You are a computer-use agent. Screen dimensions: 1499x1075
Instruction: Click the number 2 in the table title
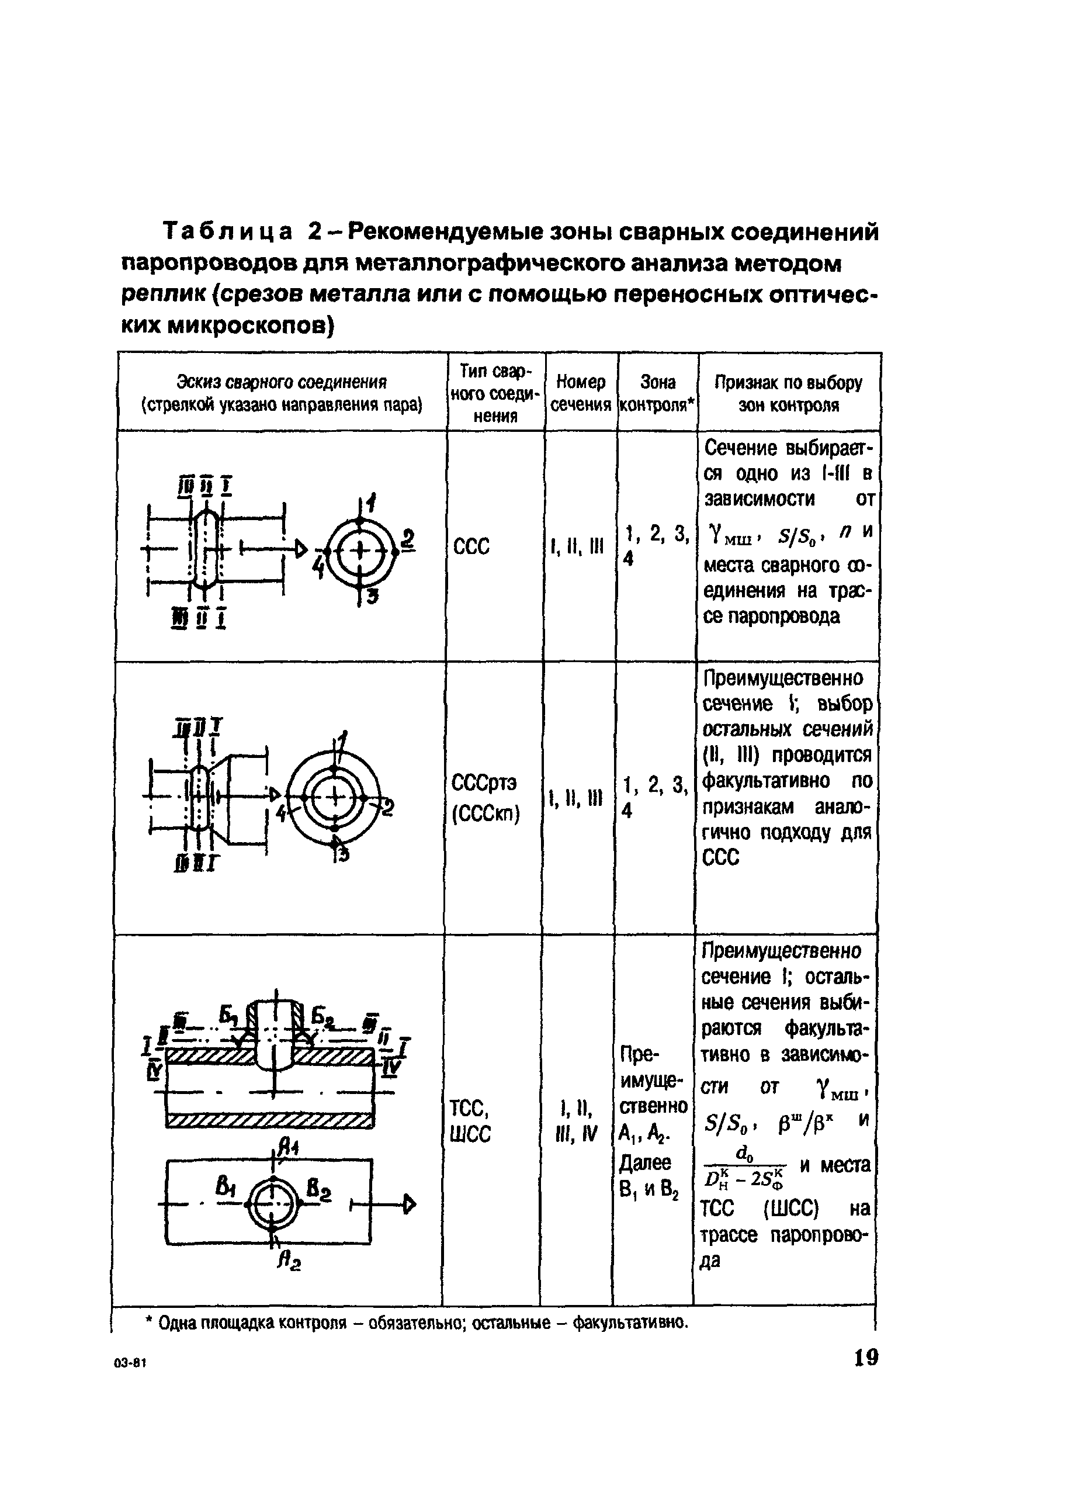(314, 232)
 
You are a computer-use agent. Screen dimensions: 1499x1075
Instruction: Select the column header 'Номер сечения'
(580, 393)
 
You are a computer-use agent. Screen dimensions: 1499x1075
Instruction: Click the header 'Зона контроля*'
(657, 393)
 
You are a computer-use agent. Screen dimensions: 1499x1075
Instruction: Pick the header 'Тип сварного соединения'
(495, 393)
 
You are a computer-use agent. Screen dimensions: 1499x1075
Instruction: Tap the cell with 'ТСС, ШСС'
(470, 1120)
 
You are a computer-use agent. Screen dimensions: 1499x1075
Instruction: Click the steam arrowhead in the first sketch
(301, 548)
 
